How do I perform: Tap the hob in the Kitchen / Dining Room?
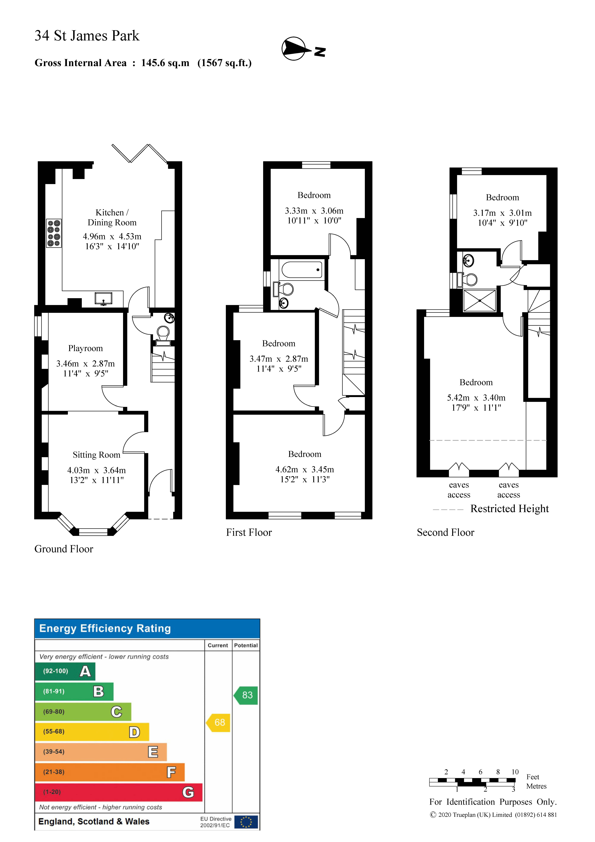(x=53, y=233)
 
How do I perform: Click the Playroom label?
(x=85, y=348)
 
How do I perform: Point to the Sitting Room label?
(x=96, y=455)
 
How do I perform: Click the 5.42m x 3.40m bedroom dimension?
(x=476, y=398)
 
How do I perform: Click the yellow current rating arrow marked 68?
(x=219, y=722)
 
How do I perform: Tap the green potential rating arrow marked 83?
(x=246, y=695)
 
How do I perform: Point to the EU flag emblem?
(x=246, y=822)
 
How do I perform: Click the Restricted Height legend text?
(x=509, y=509)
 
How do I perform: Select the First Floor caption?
(x=249, y=533)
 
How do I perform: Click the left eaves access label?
(x=459, y=490)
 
